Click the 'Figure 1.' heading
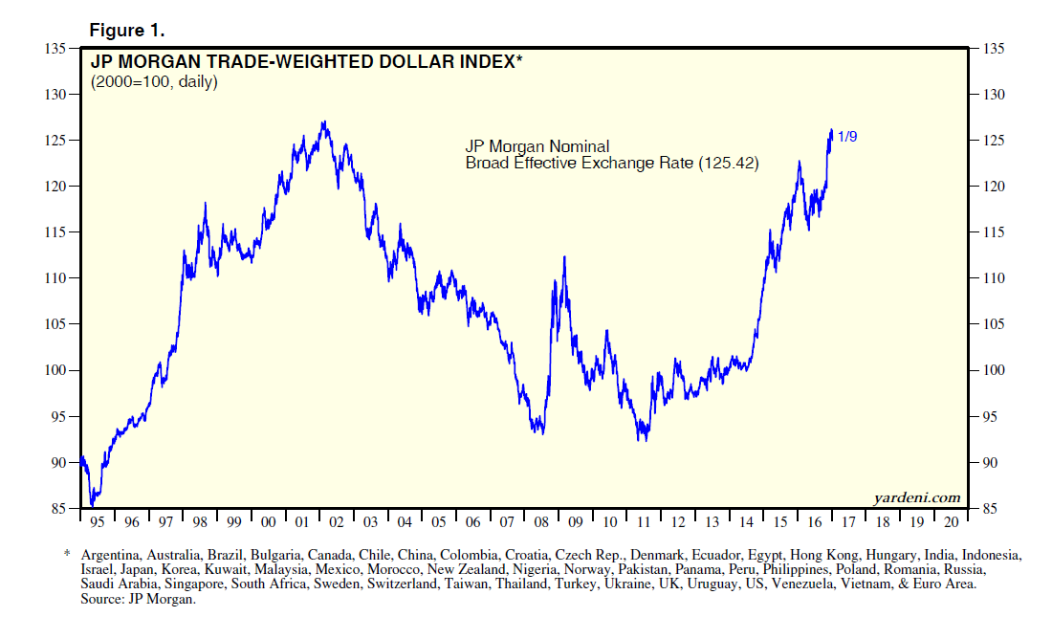point(127,30)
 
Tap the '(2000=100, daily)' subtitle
point(154,82)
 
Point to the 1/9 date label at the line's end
point(847,138)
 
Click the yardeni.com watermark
point(916,496)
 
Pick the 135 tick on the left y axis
point(55,49)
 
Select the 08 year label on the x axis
point(542,522)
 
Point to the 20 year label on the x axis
point(951,522)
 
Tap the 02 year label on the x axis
point(337,522)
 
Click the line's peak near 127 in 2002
point(324,121)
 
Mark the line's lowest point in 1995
point(92,504)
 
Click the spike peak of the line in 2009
point(564,256)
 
